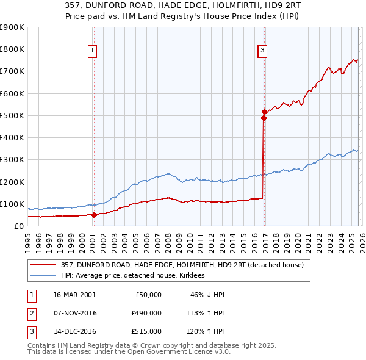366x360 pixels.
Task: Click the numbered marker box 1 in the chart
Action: click(x=93, y=51)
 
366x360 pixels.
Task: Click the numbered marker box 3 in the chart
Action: click(x=262, y=51)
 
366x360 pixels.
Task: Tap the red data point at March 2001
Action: click(x=94, y=215)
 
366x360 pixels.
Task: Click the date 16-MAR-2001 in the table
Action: click(x=74, y=295)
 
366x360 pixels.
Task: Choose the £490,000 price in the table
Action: click(x=146, y=314)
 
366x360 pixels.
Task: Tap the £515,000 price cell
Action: click(x=146, y=332)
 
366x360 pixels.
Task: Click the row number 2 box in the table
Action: click(x=31, y=314)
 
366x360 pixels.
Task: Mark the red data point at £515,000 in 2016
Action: click(x=264, y=112)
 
